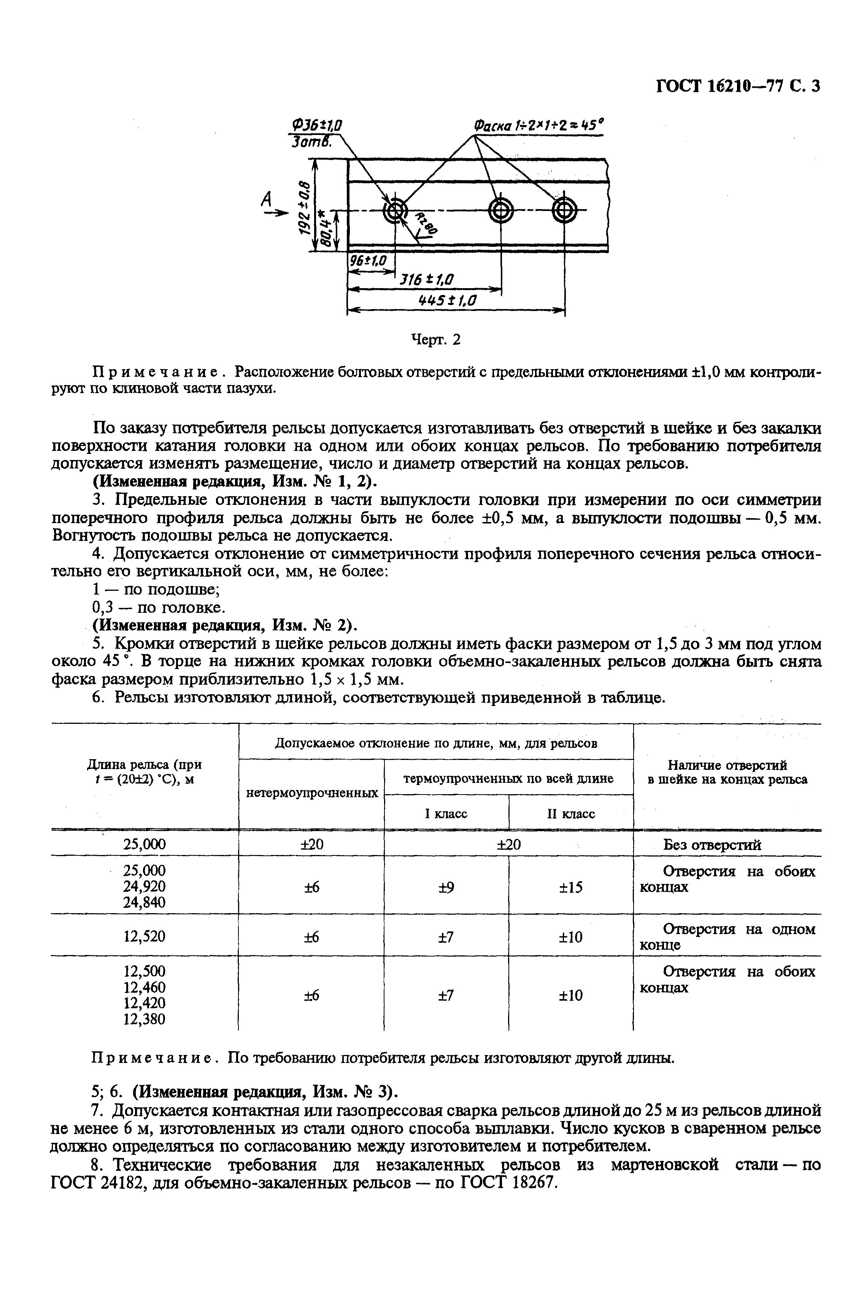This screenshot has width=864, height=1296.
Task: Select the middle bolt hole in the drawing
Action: (501, 210)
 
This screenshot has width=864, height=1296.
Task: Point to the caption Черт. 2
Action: (436, 340)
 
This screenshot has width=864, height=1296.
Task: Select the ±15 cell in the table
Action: (570, 887)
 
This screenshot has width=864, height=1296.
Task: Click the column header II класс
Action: (570, 814)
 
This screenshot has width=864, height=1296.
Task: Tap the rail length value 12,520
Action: (145, 936)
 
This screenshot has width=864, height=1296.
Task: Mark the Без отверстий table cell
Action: (712, 845)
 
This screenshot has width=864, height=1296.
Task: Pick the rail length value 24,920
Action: (145, 886)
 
